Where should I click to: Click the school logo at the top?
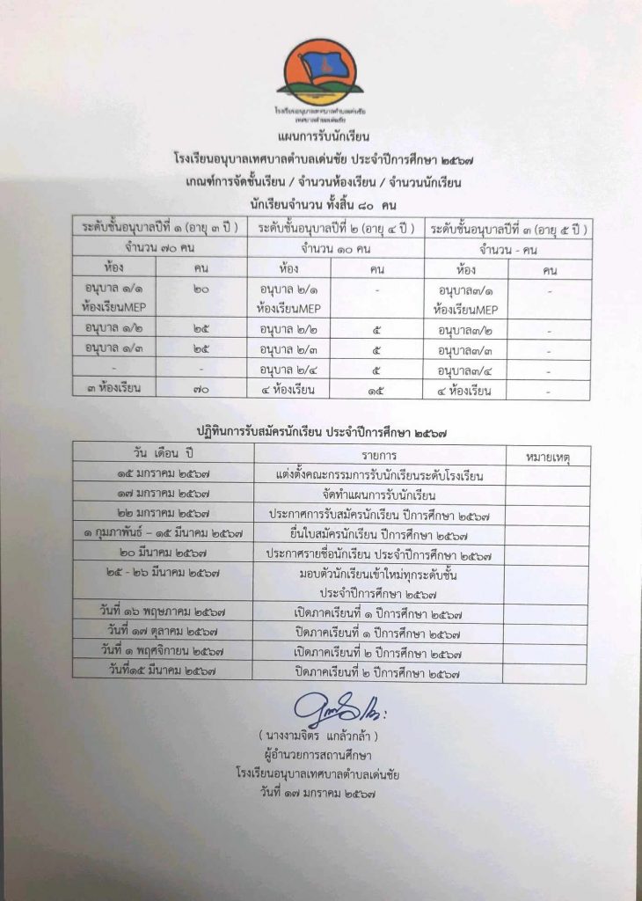click(319, 74)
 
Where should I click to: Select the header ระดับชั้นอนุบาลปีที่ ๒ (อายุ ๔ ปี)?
click(337, 228)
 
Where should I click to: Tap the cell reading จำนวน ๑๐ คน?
click(337, 247)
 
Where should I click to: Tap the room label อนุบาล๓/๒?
click(466, 330)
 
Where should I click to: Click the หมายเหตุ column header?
click(545, 456)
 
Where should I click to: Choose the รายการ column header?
click(379, 455)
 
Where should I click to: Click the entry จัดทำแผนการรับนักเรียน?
click(379, 494)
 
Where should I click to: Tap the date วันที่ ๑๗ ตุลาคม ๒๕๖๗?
click(163, 632)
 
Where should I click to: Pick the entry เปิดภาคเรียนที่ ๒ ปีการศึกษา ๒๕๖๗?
click(379, 652)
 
